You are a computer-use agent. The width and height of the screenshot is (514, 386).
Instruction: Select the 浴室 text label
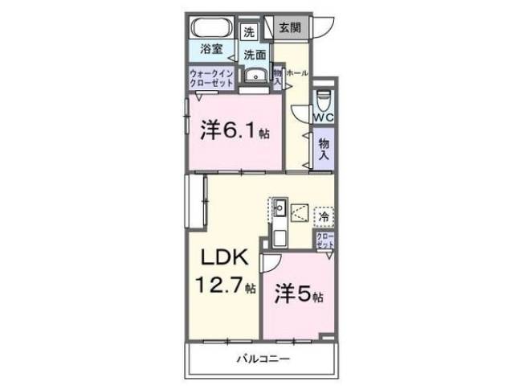[x=212, y=49]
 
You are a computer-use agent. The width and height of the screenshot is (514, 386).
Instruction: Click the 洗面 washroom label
[x=255, y=55]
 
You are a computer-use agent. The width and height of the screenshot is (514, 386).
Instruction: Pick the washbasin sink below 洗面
[x=256, y=77]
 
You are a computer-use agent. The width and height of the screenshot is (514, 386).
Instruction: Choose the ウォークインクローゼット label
[x=211, y=79]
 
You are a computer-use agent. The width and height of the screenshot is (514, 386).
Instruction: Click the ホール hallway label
[x=296, y=72]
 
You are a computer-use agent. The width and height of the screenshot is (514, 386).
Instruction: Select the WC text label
[x=323, y=117]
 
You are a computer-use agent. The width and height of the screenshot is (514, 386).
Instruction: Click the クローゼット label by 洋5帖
[x=324, y=242]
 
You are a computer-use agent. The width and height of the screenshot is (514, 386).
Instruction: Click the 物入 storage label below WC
[x=324, y=148]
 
